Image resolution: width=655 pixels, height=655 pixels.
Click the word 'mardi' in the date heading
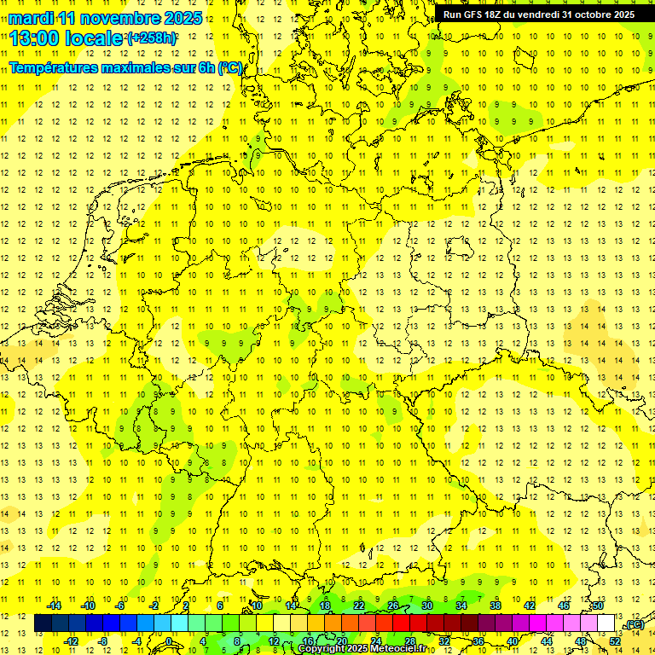(31, 18)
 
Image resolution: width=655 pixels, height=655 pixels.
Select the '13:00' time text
(33, 38)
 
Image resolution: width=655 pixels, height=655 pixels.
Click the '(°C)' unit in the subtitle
(230, 68)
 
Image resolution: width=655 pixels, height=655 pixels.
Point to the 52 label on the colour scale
(615, 641)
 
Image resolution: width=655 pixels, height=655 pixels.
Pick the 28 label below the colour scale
(409, 641)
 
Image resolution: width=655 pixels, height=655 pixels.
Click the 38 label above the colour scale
(495, 606)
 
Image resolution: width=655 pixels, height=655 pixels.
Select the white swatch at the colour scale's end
(606, 623)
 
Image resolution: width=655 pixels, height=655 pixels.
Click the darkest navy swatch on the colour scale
(43, 623)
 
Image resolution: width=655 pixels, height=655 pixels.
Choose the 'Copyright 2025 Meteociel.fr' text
(362, 649)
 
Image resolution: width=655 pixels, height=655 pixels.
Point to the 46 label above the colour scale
(563, 606)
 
